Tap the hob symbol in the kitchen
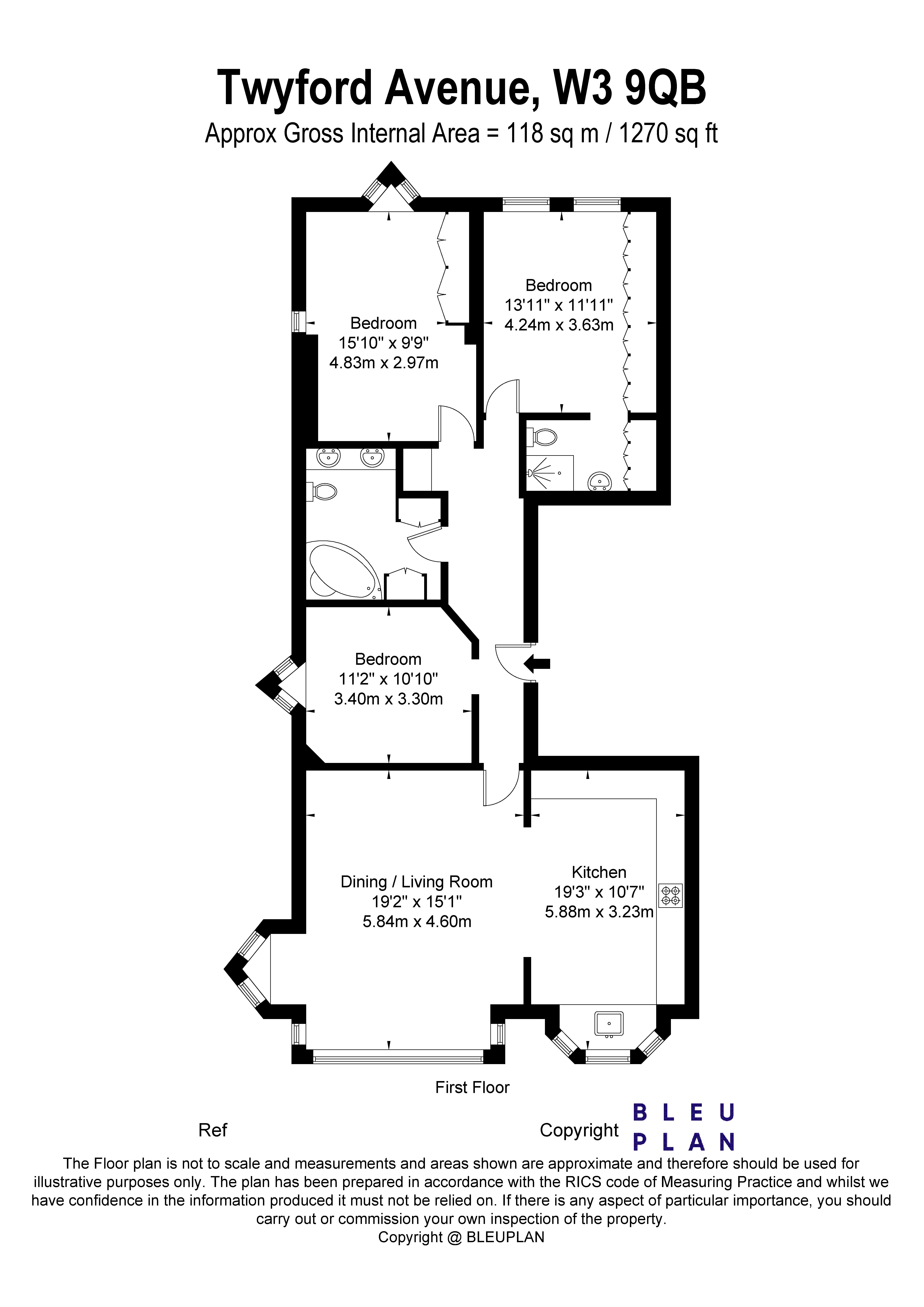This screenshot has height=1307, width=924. point(671,895)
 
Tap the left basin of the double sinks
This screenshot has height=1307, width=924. point(328,457)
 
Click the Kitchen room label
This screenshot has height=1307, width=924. point(599,872)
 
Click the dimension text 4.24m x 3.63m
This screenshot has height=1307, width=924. point(559,325)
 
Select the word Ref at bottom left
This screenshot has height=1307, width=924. point(212,1130)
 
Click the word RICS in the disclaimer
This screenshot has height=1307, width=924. point(582,1182)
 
